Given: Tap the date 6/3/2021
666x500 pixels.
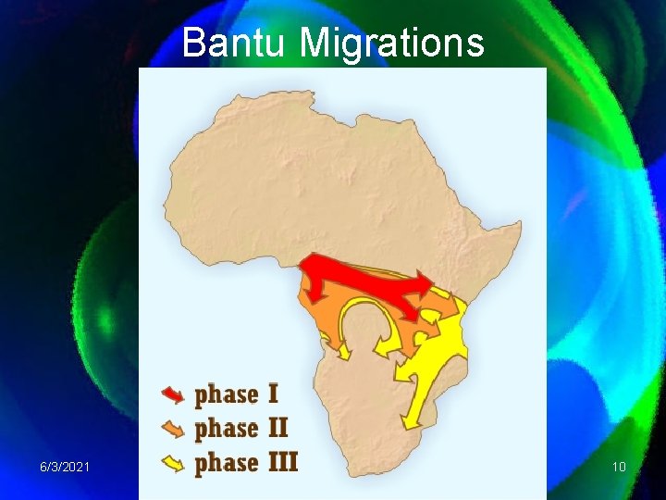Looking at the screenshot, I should click(x=64, y=467).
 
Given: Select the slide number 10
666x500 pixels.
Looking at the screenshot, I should click(x=619, y=467).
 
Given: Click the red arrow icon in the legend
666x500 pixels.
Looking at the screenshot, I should click(x=173, y=395).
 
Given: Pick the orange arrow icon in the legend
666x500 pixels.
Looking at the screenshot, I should click(x=173, y=429).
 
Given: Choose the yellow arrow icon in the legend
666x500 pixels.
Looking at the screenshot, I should click(x=173, y=462).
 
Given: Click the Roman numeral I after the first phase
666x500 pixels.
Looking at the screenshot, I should click(x=273, y=394).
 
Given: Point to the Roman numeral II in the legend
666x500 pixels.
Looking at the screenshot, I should click(x=277, y=428).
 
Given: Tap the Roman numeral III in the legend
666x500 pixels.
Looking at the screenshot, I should click(x=282, y=461).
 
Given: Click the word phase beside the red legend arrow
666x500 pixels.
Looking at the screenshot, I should click(x=226, y=395).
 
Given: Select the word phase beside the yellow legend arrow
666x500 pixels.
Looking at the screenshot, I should click(x=226, y=462).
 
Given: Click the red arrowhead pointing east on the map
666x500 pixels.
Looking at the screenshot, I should click(x=426, y=282).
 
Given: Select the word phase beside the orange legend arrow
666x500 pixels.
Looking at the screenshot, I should click(x=226, y=429).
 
